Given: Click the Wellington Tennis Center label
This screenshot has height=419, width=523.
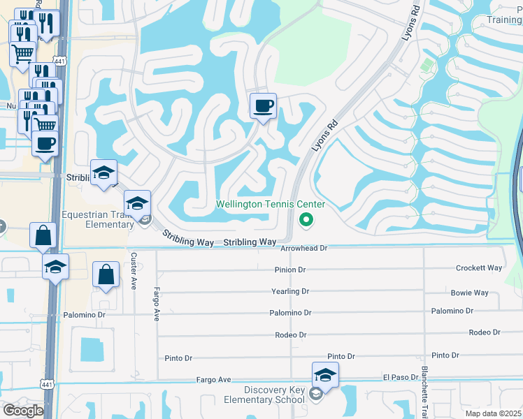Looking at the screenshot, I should pyautogui.click(x=271, y=204).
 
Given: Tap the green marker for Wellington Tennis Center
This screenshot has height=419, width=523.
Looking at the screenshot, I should pyautogui.click(x=306, y=220).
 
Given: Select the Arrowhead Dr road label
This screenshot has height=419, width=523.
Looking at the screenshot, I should pyautogui.click(x=303, y=248).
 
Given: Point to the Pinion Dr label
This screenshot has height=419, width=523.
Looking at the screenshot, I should pyautogui.click(x=290, y=270).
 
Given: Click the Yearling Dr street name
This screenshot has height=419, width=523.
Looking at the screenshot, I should pyautogui.click(x=290, y=291).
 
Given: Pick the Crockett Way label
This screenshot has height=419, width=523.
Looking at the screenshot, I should pyautogui.click(x=479, y=268).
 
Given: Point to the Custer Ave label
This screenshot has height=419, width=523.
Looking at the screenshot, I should pyautogui.click(x=134, y=269).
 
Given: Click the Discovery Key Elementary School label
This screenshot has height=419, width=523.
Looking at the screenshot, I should pyautogui.click(x=274, y=395).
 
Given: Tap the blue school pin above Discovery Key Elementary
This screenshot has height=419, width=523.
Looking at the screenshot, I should pyautogui.click(x=325, y=376).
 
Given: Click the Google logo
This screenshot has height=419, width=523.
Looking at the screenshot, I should pyautogui.click(x=22, y=411).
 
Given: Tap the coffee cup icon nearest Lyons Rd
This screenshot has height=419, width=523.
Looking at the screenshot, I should pyautogui.click(x=263, y=106).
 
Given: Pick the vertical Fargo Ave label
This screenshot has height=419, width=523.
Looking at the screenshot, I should pyautogui.click(x=157, y=304).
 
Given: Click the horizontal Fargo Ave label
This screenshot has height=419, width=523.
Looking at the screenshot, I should pyautogui.click(x=213, y=380).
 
